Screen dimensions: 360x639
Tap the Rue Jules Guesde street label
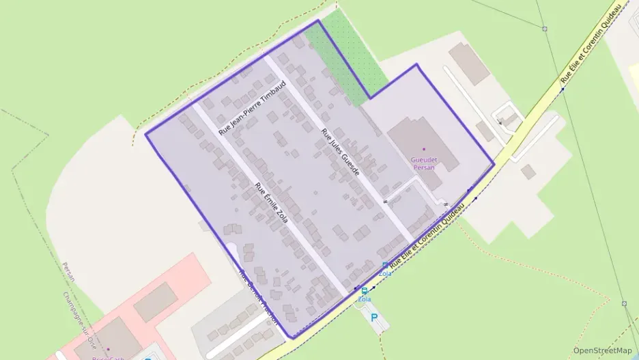[340, 152]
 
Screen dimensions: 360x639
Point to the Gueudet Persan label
[423, 163]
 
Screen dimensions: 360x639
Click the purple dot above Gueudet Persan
[423, 149]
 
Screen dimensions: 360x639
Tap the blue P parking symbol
[373, 317]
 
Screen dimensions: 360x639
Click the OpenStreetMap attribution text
[602, 350]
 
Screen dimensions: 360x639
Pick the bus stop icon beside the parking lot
[364, 291]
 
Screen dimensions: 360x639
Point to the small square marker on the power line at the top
[545, 29]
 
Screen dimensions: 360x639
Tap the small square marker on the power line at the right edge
[624, 303]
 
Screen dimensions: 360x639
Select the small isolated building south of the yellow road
[528, 171]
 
